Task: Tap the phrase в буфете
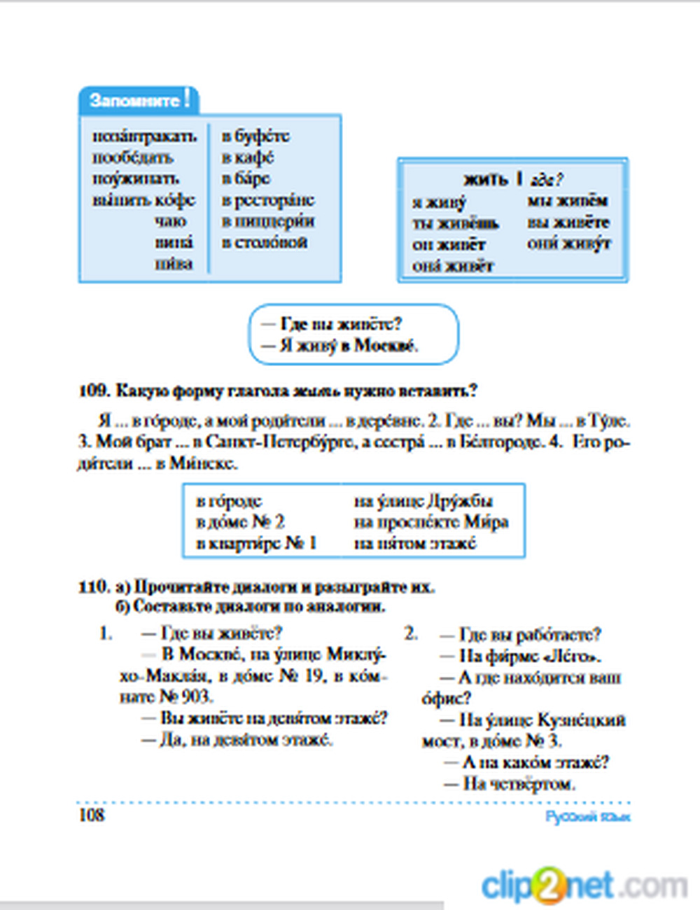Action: (255, 135)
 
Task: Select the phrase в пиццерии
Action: (268, 220)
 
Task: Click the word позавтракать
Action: (145, 135)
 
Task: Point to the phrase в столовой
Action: (265, 242)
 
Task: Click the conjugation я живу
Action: (439, 202)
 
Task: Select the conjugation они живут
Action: (569, 244)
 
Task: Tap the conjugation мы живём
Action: (567, 201)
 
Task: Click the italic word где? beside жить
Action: (547, 180)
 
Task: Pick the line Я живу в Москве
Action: (339, 345)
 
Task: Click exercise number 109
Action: (93, 391)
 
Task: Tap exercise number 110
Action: (94, 586)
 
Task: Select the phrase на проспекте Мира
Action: (431, 522)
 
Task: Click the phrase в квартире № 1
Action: (256, 543)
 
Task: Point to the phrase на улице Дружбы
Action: (423, 501)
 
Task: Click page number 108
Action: (92, 815)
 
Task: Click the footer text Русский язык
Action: (588, 816)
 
